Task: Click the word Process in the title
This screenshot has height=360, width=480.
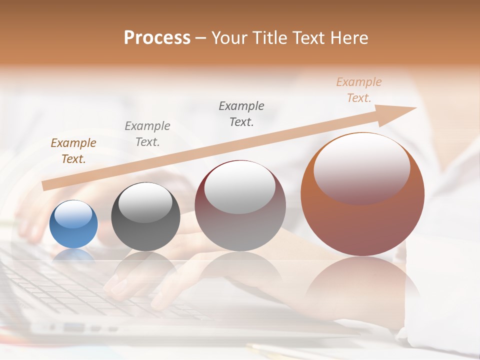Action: tap(157, 38)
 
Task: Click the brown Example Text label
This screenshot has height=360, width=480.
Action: tap(73, 151)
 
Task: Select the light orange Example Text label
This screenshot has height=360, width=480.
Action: tap(359, 90)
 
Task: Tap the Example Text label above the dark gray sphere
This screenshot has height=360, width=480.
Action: tap(147, 134)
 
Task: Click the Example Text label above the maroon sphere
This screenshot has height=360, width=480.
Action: tap(241, 114)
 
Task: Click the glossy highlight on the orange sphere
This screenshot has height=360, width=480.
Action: tap(362, 168)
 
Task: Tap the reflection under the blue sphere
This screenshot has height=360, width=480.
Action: tap(73, 255)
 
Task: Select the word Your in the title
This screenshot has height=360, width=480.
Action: tap(229, 38)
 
